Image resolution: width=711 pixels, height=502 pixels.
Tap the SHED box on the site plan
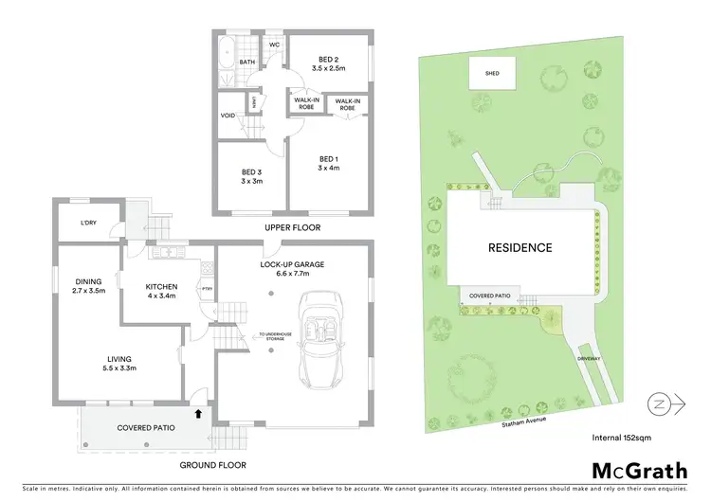coord(491,72)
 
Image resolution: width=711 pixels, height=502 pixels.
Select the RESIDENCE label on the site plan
coord(520,248)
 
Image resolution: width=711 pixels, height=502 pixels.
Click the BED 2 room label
coord(329,58)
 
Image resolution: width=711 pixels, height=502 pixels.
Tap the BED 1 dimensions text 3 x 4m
coord(329,168)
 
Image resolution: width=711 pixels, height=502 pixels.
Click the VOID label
coord(228,116)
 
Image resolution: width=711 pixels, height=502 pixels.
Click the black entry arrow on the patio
coord(198,413)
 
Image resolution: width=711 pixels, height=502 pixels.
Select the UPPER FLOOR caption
coord(294,228)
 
